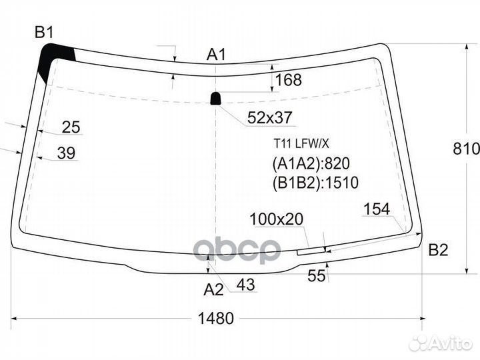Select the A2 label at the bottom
[x=213, y=289]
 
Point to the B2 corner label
[x=438, y=251]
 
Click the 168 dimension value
[x=288, y=81]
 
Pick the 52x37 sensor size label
[x=269, y=118]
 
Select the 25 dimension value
[x=71, y=127]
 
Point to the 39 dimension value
[x=66, y=153]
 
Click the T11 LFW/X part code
[x=297, y=143]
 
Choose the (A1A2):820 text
[x=311, y=164]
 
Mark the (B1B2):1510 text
[x=315, y=183]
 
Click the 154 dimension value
[x=376, y=209]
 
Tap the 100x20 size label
[x=276, y=219]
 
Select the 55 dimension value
[x=317, y=275]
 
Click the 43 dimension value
[x=245, y=285]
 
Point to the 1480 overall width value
[x=216, y=319]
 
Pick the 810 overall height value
[x=469, y=149]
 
